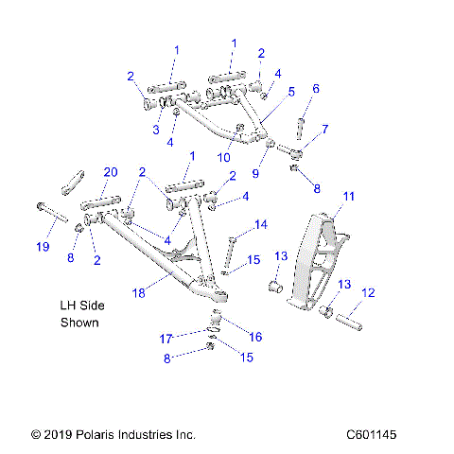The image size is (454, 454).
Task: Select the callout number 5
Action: click(x=291, y=91)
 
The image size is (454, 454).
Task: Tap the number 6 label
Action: click(x=316, y=88)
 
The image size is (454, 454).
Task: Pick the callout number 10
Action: click(x=225, y=157)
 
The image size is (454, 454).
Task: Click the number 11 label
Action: click(x=348, y=197)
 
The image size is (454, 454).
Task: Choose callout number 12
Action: click(x=369, y=293)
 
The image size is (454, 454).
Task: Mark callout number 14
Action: click(x=262, y=224)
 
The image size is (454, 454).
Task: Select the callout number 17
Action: click(x=166, y=339)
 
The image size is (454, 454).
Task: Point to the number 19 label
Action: click(x=43, y=247)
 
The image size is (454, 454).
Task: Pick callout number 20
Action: click(x=110, y=172)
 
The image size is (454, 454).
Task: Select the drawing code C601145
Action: click(x=384, y=434)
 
